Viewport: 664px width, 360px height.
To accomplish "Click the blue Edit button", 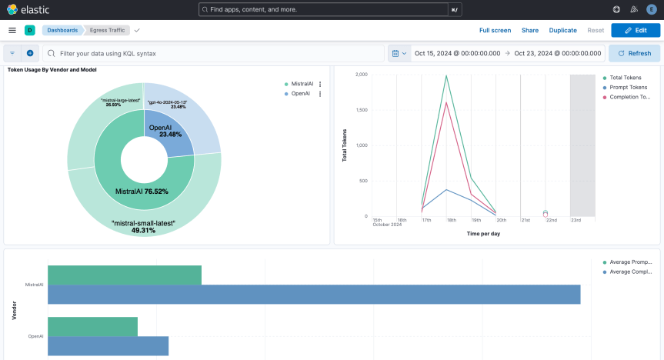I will coord(635,30).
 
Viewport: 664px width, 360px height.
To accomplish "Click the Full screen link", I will coord(495,30).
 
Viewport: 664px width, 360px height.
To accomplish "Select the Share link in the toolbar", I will coord(530,30).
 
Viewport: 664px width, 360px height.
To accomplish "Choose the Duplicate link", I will coord(562,30).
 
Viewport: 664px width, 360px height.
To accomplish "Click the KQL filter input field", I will coord(215,54).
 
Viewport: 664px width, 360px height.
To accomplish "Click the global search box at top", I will coord(323,9).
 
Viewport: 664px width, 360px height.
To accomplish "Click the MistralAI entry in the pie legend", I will coord(301,84).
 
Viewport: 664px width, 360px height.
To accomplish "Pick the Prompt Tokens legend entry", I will coord(627,88).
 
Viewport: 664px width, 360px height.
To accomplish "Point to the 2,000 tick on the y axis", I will coord(361,75).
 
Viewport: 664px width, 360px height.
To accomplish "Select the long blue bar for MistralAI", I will coord(314,294).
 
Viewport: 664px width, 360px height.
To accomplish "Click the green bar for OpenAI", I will coord(92,326).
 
